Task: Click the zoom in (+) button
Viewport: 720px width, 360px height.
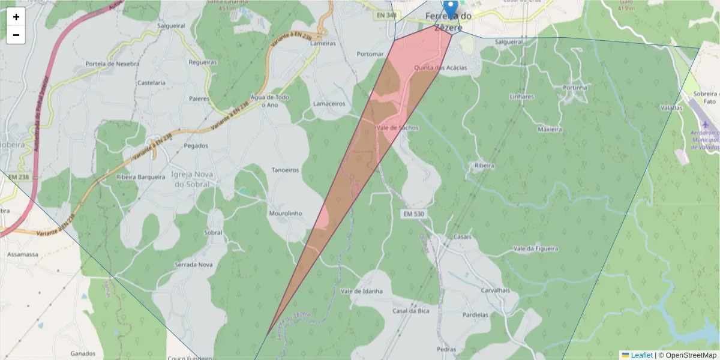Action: [x=16, y=17]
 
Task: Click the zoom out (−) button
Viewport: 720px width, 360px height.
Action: [x=16, y=35]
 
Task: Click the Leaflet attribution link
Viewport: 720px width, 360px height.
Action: [x=641, y=355]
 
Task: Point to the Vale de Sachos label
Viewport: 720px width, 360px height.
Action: [x=397, y=128]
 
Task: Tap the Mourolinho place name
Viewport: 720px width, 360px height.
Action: [x=286, y=213]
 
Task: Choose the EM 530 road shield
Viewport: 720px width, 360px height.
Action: [x=413, y=214]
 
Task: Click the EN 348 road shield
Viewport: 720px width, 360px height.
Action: [x=388, y=15]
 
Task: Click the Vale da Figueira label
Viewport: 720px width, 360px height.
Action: [x=536, y=248]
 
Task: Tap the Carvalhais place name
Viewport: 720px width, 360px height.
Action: [x=495, y=290]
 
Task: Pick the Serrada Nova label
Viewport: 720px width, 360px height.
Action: [x=193, y=265]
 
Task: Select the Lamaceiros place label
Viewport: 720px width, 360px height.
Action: [x=329, y=103]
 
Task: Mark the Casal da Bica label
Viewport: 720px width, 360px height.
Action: [x=410, y=311]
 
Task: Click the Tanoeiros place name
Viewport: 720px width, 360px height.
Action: [x=286, y=170]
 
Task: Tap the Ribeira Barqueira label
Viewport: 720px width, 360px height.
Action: [x=140, y=177]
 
